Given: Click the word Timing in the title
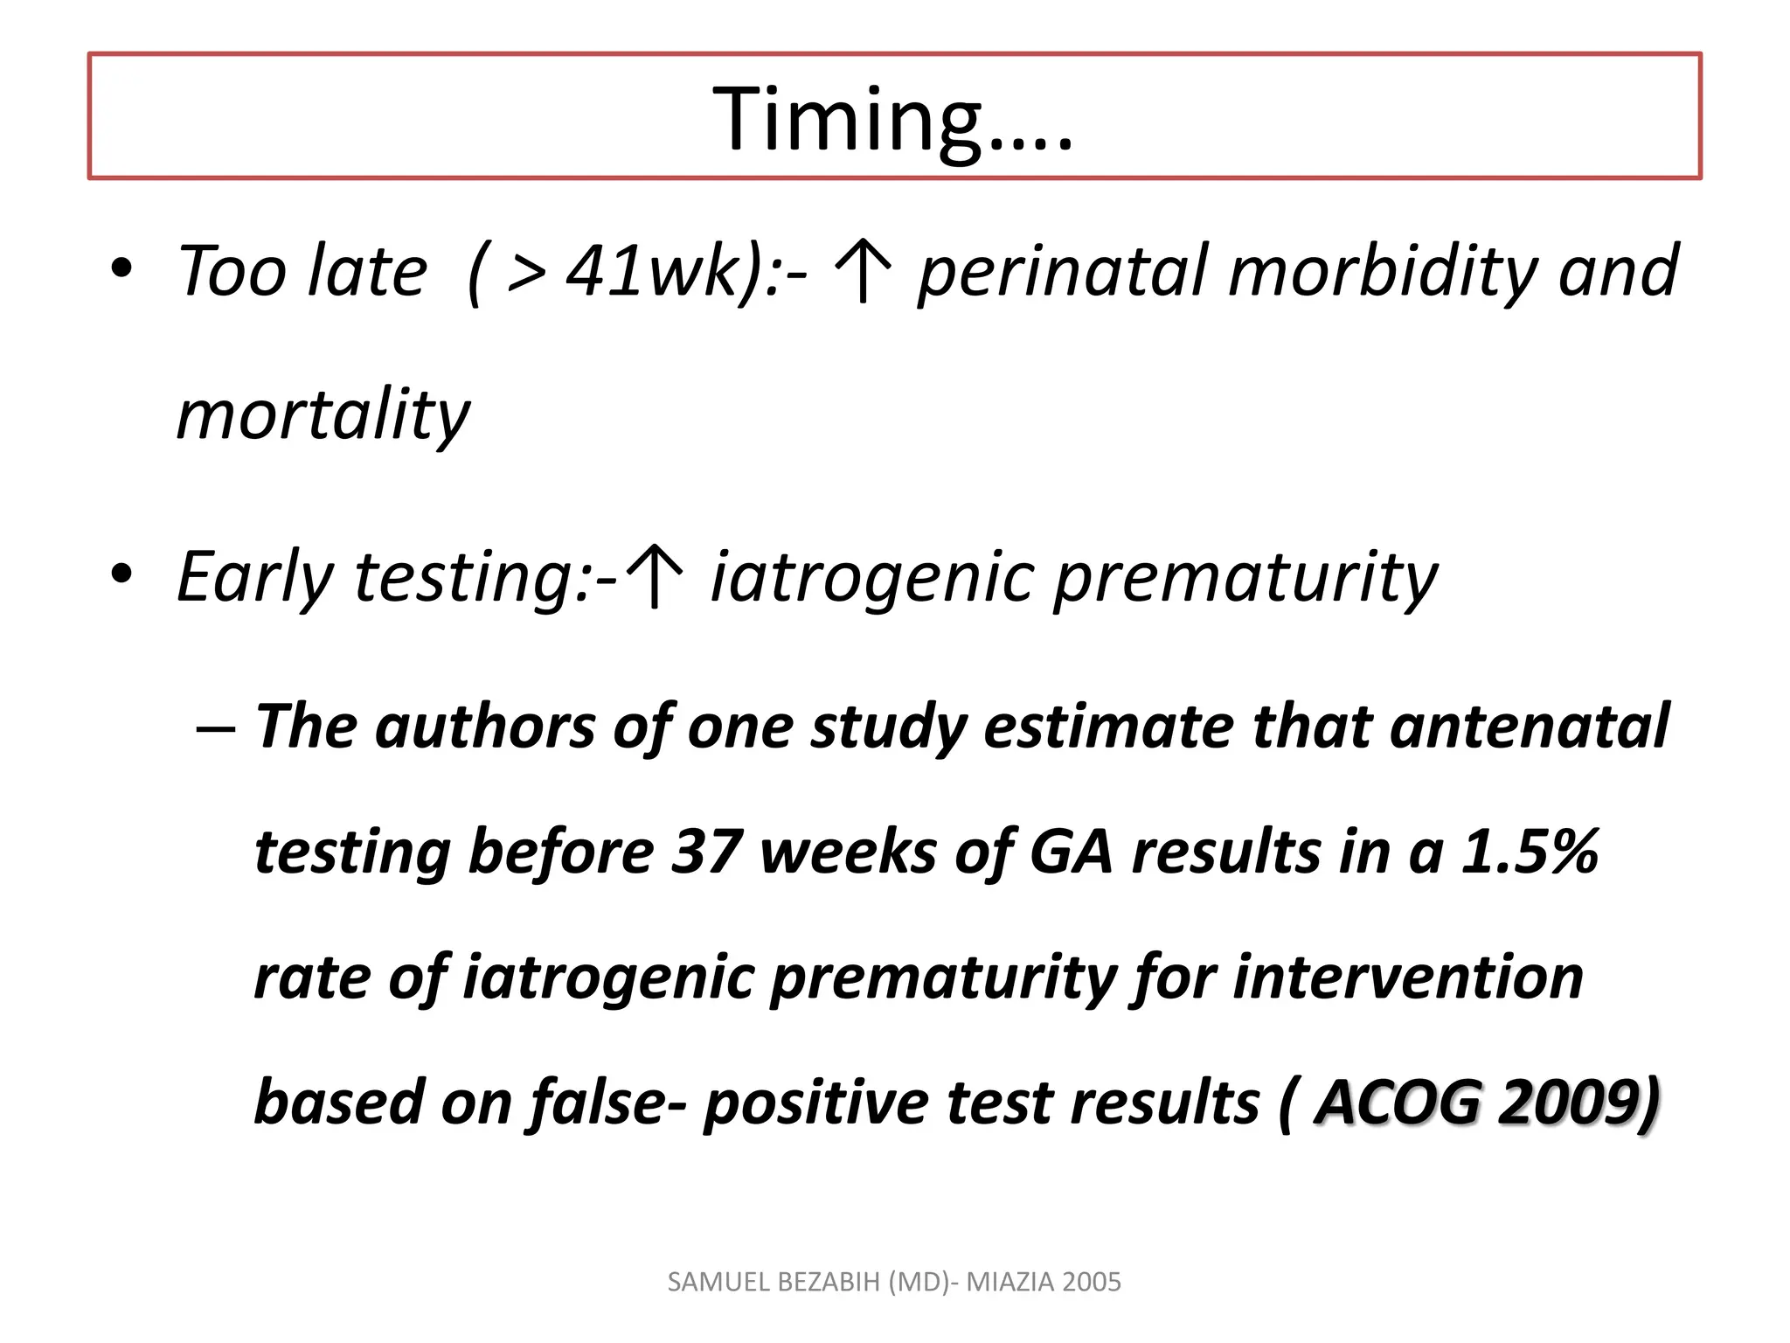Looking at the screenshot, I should click(846, 121).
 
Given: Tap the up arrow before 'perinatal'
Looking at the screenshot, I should click(864, 272).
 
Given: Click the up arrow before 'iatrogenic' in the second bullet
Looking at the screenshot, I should click(656, 577).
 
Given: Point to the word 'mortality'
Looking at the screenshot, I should click(323, 415).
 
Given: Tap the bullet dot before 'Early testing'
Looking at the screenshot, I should click(121, 574).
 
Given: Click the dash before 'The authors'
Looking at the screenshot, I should click(215, 728).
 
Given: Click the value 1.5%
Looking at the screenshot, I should click(1530, 852).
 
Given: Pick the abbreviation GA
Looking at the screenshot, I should click(1071, 852).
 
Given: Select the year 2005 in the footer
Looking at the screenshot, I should click(1092, 1282).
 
